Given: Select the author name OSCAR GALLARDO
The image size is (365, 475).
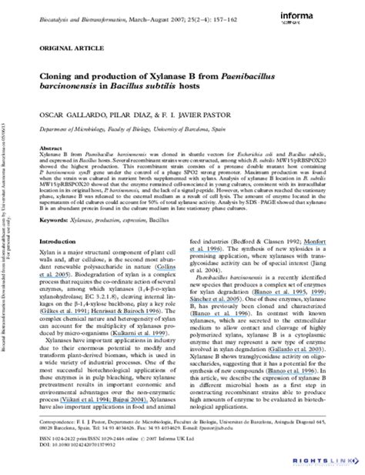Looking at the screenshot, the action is pyautogui.click(x=69, y=117).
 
